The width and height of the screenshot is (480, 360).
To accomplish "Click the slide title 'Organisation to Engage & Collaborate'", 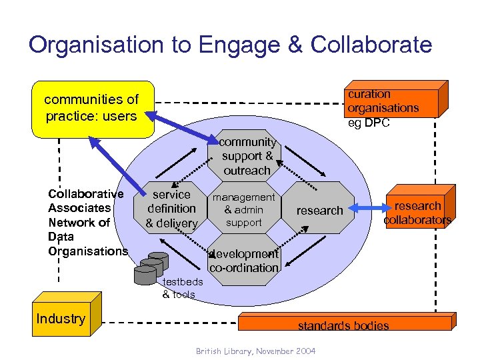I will coord(231,45).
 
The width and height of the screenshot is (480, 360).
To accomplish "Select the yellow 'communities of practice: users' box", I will coord(92,109).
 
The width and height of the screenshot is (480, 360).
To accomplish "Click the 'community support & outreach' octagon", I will coord(247,156).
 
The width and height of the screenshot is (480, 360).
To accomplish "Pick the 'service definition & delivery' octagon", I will coord(171,209).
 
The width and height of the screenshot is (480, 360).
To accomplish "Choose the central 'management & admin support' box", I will coord(244,209).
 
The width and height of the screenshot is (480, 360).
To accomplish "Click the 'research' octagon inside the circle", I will coord(319,210).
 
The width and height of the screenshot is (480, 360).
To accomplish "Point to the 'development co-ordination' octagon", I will coord(244,261).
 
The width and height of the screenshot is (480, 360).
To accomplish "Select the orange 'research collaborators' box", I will coord(417,212).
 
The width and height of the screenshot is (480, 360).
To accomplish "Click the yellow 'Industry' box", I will coord(61,318).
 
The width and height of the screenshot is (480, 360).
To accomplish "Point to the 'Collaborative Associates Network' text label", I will coord(87,222).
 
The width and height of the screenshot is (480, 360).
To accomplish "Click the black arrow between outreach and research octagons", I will coord(303,157).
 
